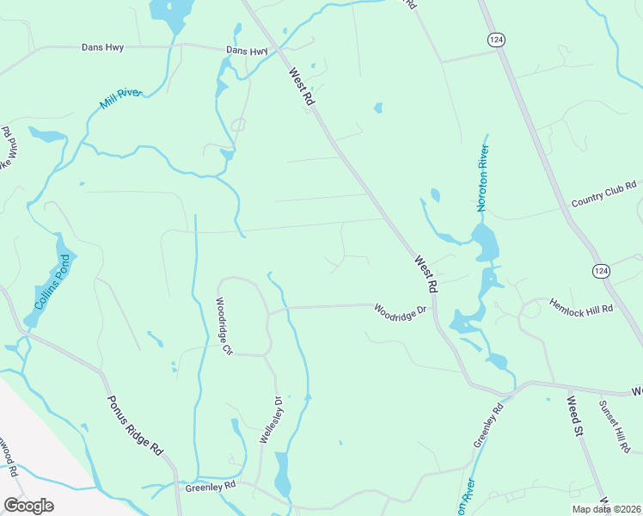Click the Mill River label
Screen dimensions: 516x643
(x=119, y=99)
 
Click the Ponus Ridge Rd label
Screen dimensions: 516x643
(x=135, y=425)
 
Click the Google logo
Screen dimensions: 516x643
(x=28, y=506)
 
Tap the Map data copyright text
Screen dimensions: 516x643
(x=606, y=509)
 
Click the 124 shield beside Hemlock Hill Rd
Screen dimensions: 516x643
(x=601, y=271)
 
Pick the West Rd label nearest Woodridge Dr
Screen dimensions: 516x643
(x=426, y=273)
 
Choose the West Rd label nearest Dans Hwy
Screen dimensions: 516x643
(x=303, y=88)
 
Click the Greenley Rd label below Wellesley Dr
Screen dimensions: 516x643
(x=211, y=486)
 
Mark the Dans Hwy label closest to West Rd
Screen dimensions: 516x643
(x=247, y=51)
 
